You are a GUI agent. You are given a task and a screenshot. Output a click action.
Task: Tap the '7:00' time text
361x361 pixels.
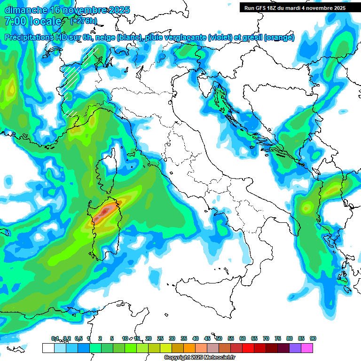pyautogui.click(x=15, y=22)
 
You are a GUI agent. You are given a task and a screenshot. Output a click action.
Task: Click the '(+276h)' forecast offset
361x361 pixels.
pyautogui.click(x=83, y=21)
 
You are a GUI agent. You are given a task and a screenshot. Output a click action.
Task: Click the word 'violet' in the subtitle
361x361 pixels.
pyautogui.click(x=221, y=38)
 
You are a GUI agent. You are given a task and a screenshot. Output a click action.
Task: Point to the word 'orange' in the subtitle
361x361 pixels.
pyautogui.click(x=279, y=38)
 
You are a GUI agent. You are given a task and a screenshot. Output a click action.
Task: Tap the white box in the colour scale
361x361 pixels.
pyautogui.click(x=48, y=348)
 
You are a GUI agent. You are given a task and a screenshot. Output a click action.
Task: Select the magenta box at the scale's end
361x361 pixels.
pyautogui.click(x=307, y=348)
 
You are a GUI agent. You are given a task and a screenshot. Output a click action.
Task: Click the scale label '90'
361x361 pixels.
pyautogui.click(x=313, y=338)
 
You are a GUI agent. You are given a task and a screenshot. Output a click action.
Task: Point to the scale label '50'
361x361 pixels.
pyautogui.click(x=219, y=338)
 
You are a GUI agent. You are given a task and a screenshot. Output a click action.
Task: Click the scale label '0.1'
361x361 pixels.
pyautogui.click(x=55, y=338)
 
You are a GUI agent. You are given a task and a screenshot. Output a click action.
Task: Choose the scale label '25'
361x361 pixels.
pyautogui.click(x=160, y=338)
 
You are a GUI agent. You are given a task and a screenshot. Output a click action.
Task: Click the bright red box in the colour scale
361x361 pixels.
pyautogui.click(x=248, y=348)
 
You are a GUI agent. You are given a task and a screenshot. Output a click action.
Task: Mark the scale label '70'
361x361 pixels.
pyautogui.click(x=266, y=338)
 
